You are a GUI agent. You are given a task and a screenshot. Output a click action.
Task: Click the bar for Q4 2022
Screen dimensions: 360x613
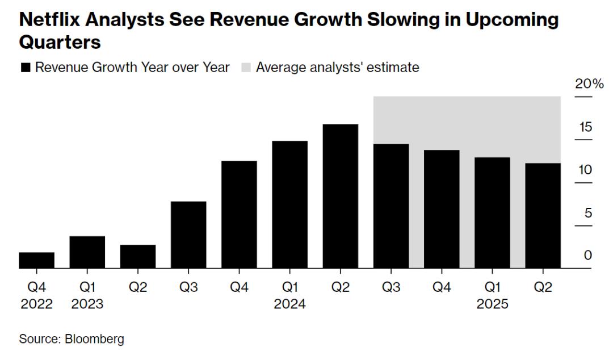tap(36, 260)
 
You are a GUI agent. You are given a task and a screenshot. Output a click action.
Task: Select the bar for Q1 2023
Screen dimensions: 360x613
tap(87, 252)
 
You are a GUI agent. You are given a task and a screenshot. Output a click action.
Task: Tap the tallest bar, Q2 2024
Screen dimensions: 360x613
tap(340, 196)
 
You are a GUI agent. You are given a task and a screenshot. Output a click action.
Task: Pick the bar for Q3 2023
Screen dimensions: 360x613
tap(188, 235)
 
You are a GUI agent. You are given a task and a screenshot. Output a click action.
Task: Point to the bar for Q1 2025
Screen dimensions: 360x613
tap(492, 212)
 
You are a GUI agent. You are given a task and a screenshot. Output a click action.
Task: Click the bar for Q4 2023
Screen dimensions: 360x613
tap(239, 215)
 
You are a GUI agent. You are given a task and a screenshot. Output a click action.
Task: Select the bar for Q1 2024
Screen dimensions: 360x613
tap(289, 204)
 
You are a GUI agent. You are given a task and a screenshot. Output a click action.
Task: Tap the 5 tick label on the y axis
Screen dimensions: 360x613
tap(587, 213)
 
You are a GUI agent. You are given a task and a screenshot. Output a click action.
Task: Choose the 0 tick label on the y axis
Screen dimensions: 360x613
tap(587, 256)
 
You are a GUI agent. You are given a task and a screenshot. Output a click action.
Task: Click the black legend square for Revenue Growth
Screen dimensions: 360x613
tap(25, 68)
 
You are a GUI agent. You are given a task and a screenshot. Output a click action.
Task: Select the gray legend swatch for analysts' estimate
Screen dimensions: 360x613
tap(245, 68)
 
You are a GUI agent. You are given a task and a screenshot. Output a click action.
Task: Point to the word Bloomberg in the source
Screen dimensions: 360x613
tap(94, 340)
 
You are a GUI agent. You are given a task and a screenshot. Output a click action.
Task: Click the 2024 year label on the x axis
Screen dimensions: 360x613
tap(289, 304)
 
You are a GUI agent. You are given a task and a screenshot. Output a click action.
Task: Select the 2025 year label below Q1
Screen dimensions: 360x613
tap(492, 304)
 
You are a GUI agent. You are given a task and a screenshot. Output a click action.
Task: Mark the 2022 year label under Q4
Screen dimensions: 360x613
tap(36, 304)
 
